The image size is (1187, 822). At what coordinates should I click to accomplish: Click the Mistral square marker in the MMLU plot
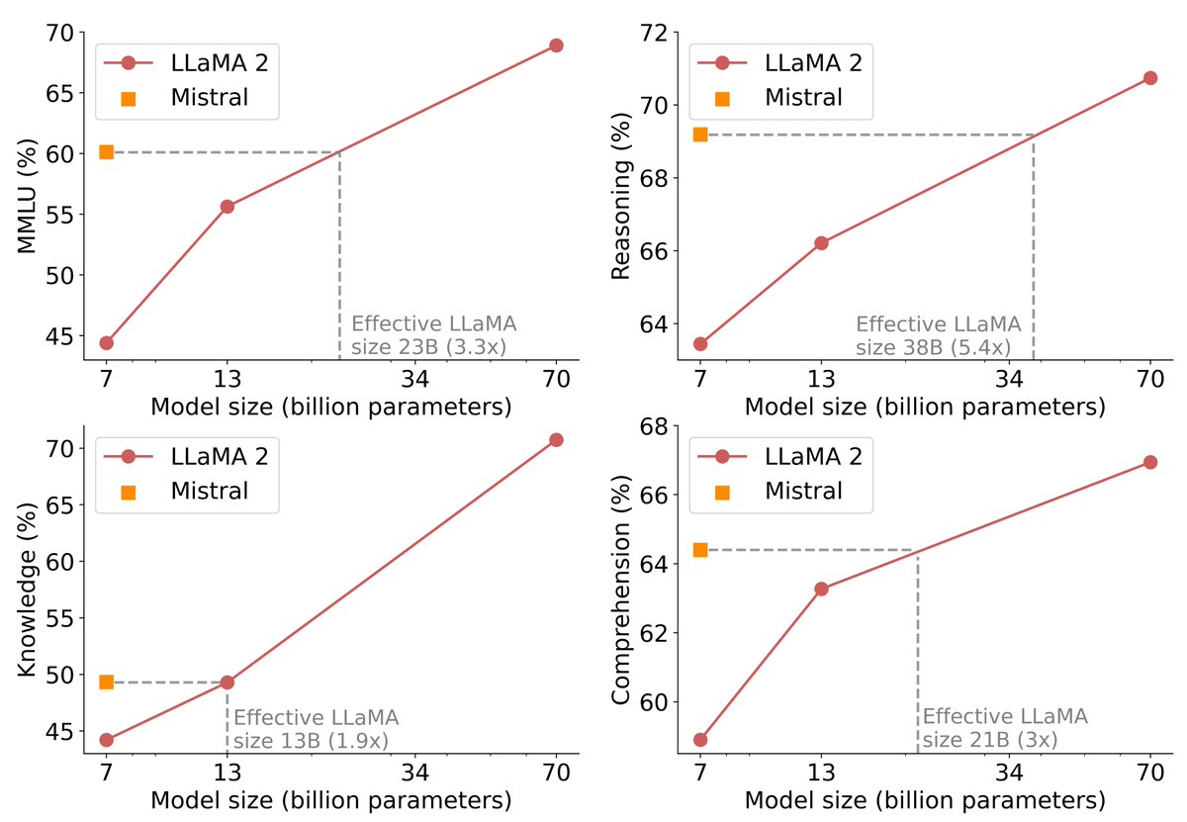pyautogui.click(x=106, y=152)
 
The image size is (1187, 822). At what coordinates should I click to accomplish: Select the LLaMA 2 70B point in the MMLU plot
pyautogui.click(x=556, y=46)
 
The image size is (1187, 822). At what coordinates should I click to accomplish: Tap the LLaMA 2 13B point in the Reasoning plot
pyautogui.click(x=821, y=242)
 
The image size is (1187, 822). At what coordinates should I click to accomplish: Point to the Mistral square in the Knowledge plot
pyautogui.click(x=106, y=683)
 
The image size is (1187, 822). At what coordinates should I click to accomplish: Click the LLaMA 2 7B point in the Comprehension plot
pyautogui.click(x=700, y=740)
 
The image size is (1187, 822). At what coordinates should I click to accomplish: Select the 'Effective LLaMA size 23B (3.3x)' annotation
pyautogui.click(x=434, y=335)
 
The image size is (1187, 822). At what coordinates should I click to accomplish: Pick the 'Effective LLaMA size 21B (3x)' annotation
pyautogui.click(x=1004, y=727)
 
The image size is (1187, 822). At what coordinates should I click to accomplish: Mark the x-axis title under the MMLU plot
pyautogui.click(x=330, y=407)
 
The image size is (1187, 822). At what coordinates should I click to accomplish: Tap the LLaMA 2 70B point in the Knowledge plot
pyautogui.click(x=556, y=439)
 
